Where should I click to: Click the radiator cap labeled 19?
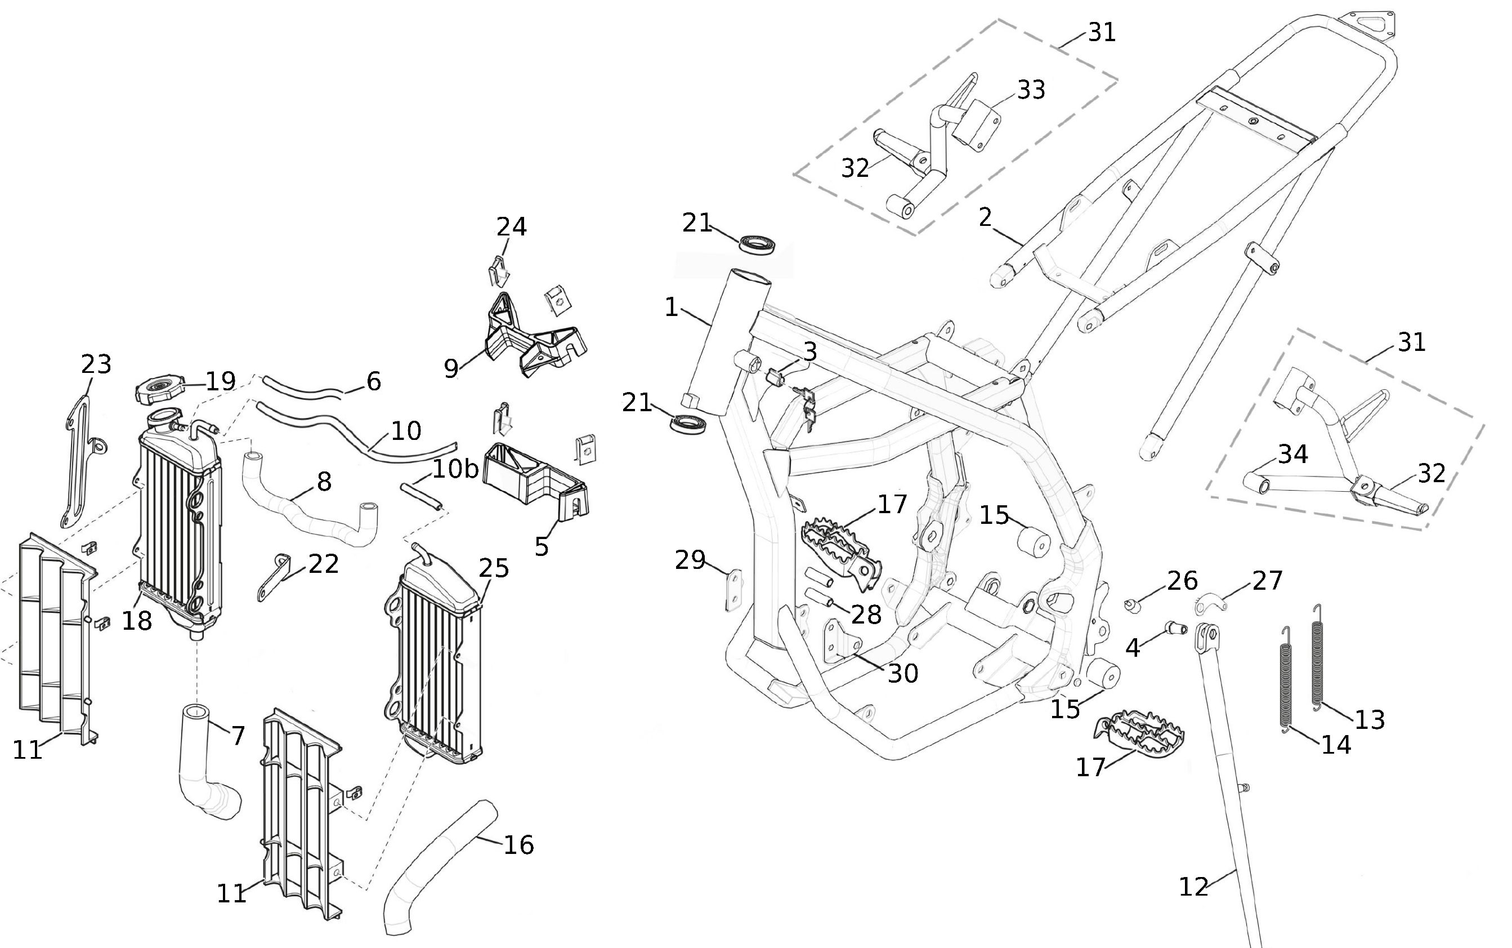pos(159,390)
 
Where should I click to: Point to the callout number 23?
pos(96,364)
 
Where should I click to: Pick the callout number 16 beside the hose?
pos(519,844)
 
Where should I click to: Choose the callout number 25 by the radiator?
pos(494,568)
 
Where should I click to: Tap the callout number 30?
pos(903,673)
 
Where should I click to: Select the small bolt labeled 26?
pos(1131,606)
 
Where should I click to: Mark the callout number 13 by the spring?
pos(1370,719)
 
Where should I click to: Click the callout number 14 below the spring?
pos(1336,744)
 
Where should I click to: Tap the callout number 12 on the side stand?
pos(1193,887)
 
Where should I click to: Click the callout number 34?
pos(1292,453)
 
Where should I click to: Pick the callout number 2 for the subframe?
pos(985,217)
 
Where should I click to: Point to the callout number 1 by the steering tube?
pos(671,307)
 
